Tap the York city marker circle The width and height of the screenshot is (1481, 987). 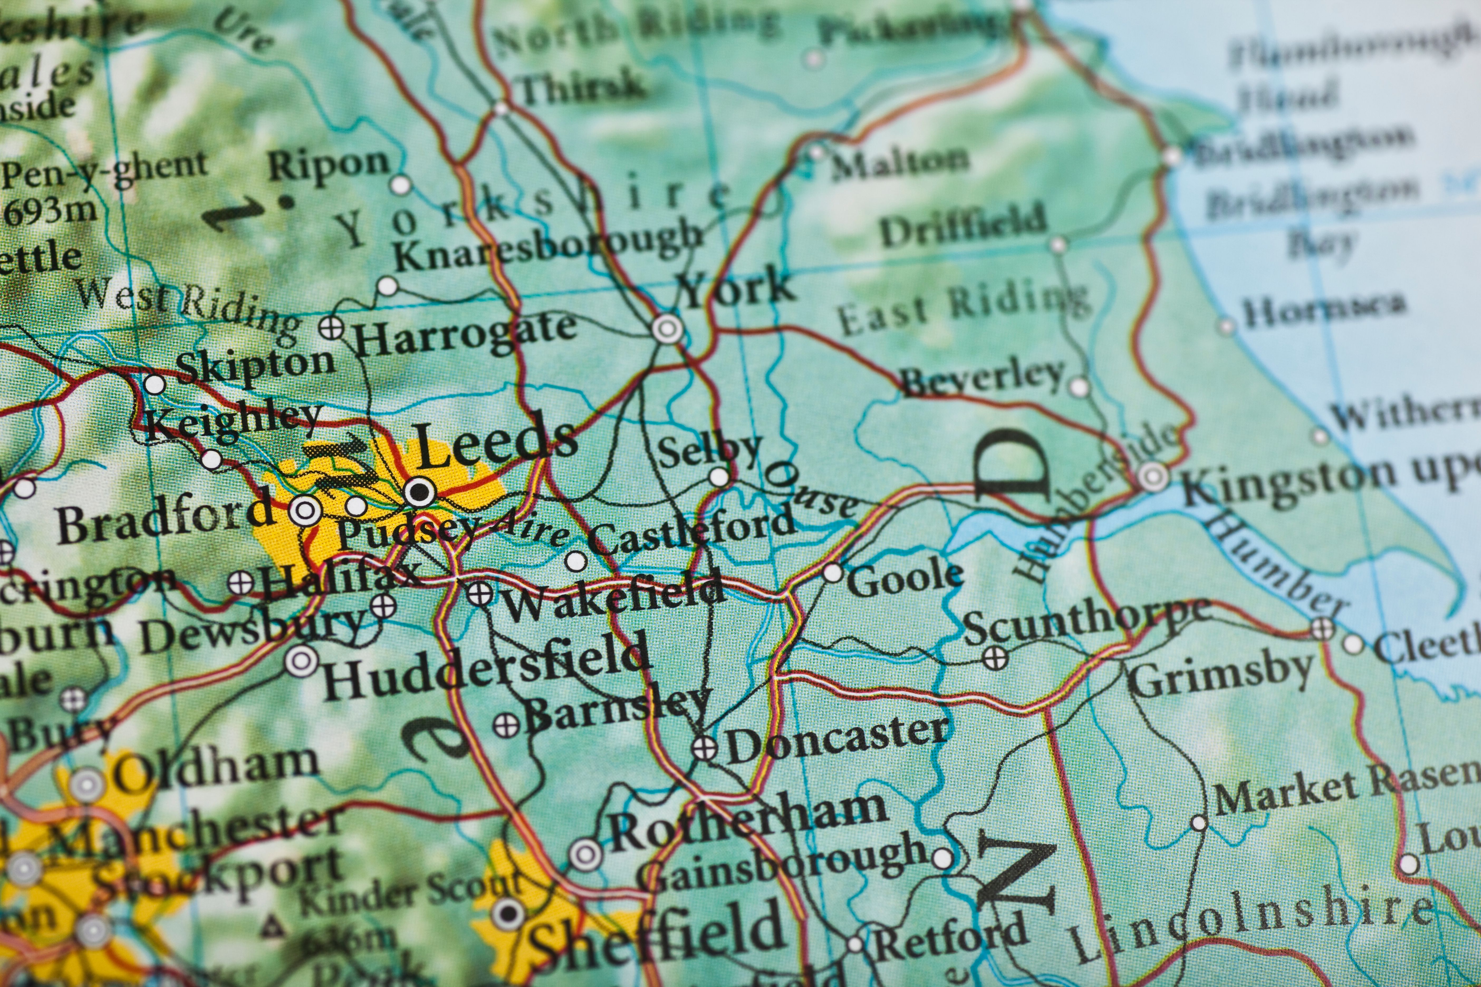pyautogui.click(x=667, y=328)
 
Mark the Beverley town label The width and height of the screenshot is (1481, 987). pyautogui.click(x=982, y=378)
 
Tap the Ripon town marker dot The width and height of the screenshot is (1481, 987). pyautogui.click(x=400, y=185)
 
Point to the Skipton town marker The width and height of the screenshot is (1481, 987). pyautogui.click(x=154, y=384)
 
